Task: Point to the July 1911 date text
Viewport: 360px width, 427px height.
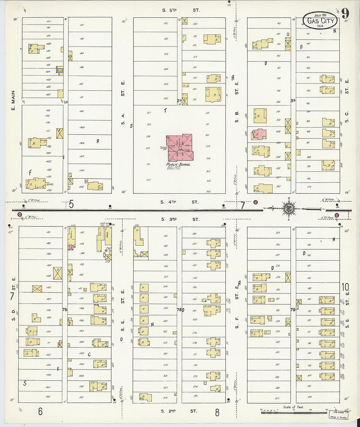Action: click(x=320, y=15)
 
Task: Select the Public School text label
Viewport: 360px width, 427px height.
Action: click(x=178, y=164)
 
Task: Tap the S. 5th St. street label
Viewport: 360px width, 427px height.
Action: click(x=180, y=10)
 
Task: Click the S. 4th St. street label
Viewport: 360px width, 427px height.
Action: click(x=180, y=202)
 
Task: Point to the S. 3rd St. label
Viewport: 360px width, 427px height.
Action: click(x=180, y=219)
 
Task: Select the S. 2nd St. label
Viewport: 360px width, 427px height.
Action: click(x=180, y=411)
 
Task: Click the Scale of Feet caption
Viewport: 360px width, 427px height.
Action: click(x=293, y=407)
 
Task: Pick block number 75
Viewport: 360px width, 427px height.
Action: click(x=64, y=310)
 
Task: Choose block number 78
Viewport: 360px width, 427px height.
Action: click(x=179, y=310)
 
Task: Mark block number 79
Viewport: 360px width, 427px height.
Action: click(x=293, y=310)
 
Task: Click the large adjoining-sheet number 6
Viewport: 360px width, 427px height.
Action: click(x=40, y=411)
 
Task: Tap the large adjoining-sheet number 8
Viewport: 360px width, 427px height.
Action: click(x=217, y=412)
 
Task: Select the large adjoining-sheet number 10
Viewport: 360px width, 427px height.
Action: click(x=345, y=287)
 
